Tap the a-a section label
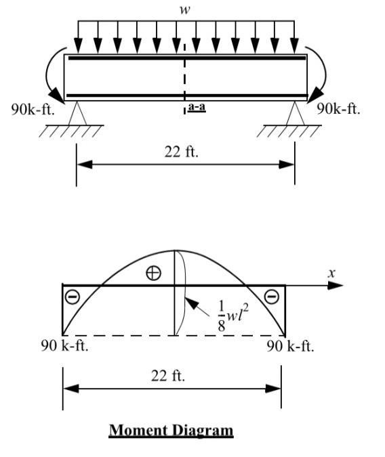click(197, 107)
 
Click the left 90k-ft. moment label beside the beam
click(33, 110)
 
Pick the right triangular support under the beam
click(295, 112)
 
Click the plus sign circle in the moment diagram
click(154, 273)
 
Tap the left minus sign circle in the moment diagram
click(71, 297)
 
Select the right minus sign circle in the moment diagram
click(271, 296)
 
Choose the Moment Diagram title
click(171, 430)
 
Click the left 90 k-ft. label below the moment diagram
click(64, 347)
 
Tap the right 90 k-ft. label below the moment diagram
click(289, 347)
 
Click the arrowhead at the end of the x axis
click(336, 285)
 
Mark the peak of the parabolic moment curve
click(175, 251)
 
